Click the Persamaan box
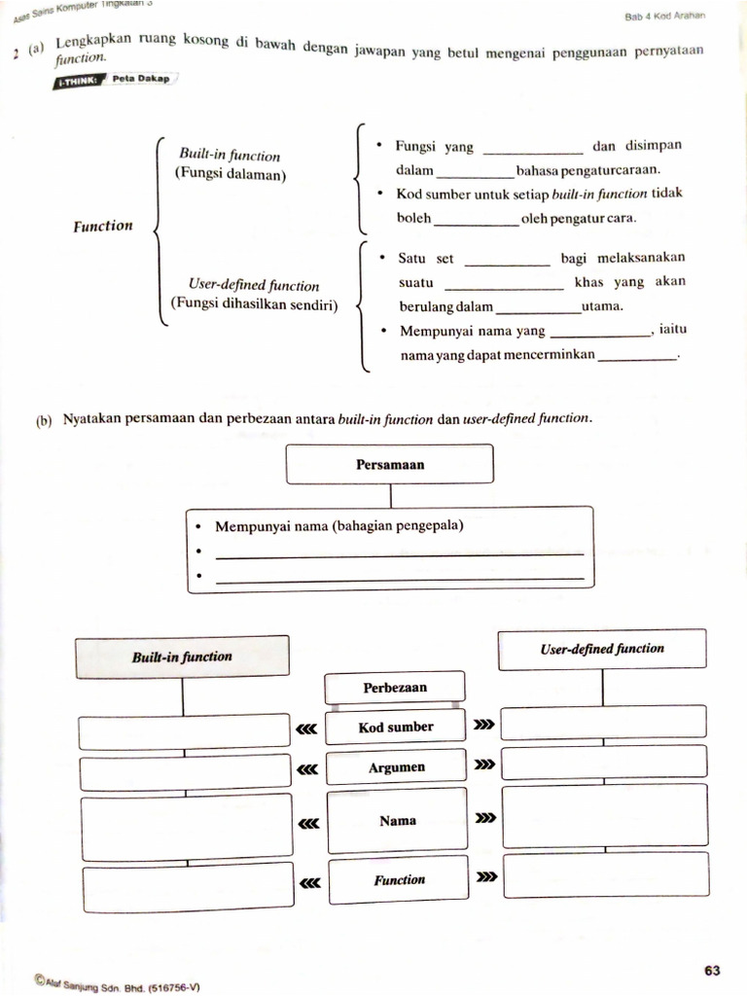[390, 464]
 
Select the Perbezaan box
[395, 687]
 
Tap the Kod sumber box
[396, 727]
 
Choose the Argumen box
[396, 767]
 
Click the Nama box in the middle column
[397, 821]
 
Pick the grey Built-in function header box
[182, 657]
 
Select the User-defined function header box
[602, 649]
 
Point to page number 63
[712, 970]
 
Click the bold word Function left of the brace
[103, 226]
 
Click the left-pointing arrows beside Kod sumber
[307, 728]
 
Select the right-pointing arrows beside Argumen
[484, 765]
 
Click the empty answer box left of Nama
[186, 826]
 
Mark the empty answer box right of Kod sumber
[603, 722]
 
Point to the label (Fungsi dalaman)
[231, 174]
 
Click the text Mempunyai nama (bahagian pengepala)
[338, 526]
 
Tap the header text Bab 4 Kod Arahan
[665, 16]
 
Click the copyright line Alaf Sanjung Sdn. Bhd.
[116, 983]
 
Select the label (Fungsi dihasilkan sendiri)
[255, 303]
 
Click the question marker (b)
[44, 421]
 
